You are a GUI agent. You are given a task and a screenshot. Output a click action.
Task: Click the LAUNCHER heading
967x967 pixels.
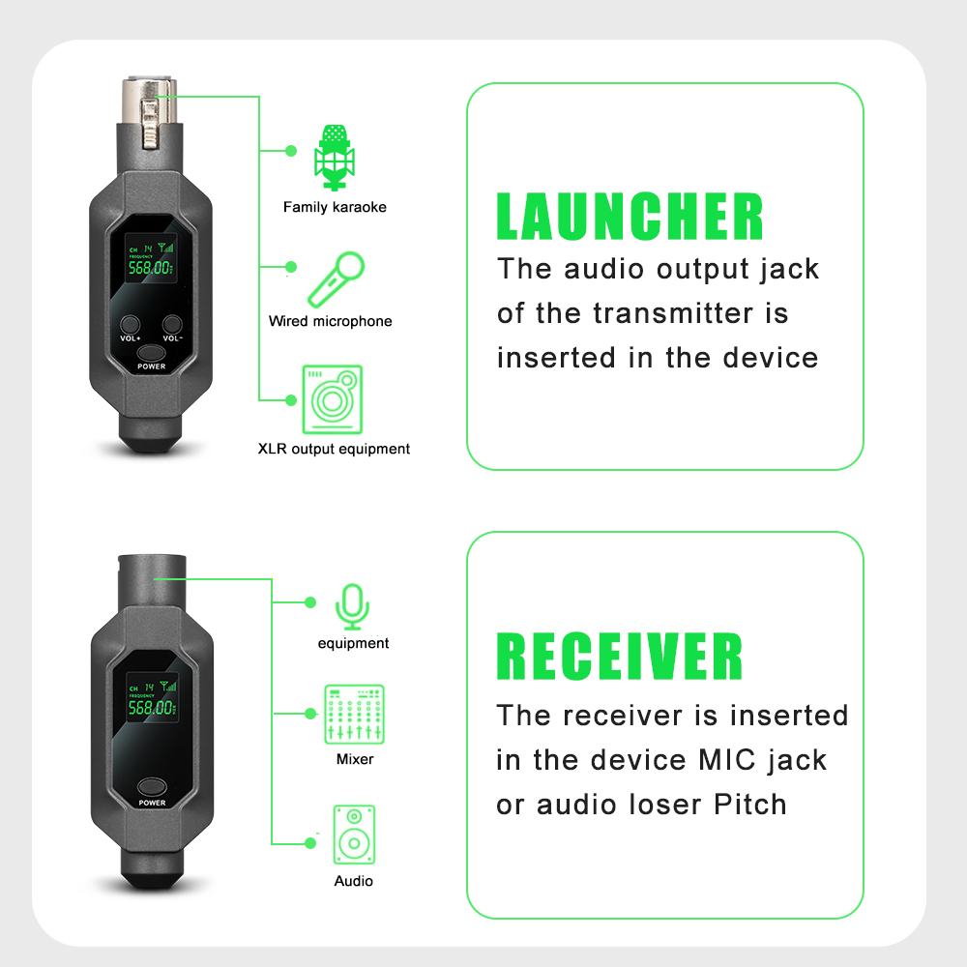click(x=630, y=217)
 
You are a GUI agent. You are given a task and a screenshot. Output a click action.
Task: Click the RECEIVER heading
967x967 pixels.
click(x=620, y=658)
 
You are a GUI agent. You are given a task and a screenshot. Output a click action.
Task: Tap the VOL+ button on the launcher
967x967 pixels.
click(x=131, y=326)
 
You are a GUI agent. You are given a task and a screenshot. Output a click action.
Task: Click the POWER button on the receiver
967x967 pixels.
click(x=151, y=788)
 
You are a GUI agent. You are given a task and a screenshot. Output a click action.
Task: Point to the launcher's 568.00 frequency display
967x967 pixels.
click(x=150, y=267)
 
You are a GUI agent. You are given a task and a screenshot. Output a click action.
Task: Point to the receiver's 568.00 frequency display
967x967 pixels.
click(x=150, y=706)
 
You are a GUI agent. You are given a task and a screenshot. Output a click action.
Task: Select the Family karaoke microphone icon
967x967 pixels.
click(x=335, y=156)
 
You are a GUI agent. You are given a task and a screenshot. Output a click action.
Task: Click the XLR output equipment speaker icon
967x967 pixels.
click(x=333, y=398)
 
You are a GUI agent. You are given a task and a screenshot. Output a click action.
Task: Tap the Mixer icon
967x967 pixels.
click(x=354, y=714)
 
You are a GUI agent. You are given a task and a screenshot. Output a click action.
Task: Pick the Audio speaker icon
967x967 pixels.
click(x=354, y=835)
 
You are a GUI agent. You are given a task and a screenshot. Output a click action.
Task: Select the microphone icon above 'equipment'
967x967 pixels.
click(x=352, y=605)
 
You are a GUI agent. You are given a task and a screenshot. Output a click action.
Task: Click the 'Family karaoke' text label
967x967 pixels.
click(x=335, y=207)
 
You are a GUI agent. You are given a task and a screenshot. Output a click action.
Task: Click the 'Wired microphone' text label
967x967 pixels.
click(x=331, y=321)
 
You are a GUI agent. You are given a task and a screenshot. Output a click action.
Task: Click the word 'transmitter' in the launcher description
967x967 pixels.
click(x=676, y=314)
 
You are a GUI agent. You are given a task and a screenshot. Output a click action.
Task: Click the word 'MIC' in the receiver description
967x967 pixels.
click(x=727, y=760)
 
